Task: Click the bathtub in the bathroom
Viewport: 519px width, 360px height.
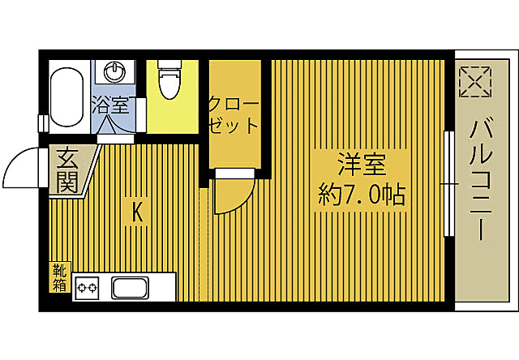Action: tap(66, 96)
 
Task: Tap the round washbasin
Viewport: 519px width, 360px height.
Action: tap(114, 72)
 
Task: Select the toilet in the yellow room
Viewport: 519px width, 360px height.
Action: tap(169, 79)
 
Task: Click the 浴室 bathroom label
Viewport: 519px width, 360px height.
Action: tap(110, 105)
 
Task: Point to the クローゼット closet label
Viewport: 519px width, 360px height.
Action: tap(233, 115)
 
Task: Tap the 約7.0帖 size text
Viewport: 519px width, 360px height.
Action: tap(362, 195)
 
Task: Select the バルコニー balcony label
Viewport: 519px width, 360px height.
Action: tap(481, 180)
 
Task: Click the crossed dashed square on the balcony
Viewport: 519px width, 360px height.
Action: tap(475, 81)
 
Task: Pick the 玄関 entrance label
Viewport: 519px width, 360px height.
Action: tap(67, 171)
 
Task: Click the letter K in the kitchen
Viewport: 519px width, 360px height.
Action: tap(137, 212)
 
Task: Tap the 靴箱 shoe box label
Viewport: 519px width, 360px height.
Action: tap(60, 277)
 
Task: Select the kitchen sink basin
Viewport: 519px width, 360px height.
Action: tap(130, 288)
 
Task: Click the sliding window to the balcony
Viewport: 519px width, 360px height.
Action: tap(449, 183)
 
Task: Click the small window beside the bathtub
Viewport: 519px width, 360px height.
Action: tap(43, 123)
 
